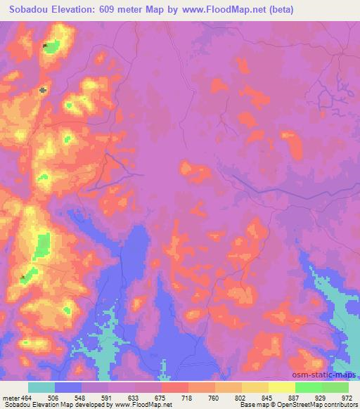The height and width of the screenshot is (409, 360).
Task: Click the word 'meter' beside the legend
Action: click(12, 397)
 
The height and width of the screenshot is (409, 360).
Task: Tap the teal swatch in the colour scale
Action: click(41, 387)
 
